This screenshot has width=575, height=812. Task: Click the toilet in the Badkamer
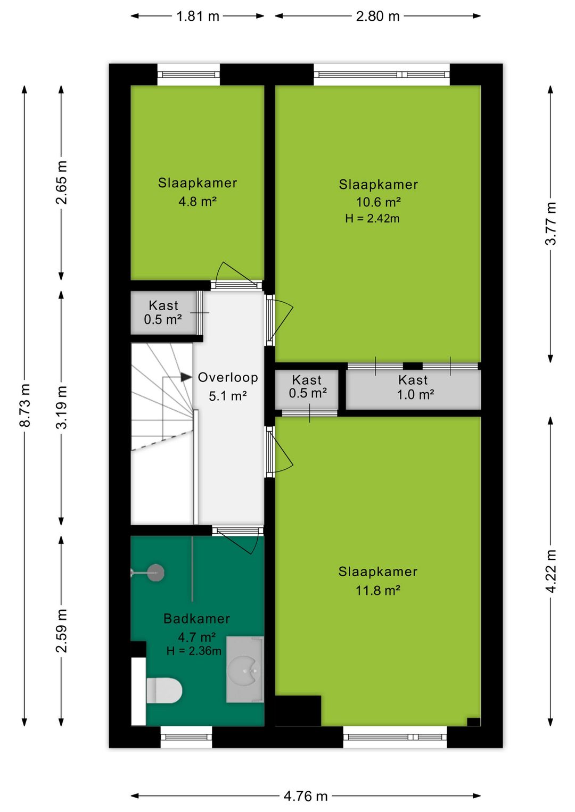tap(164, 691)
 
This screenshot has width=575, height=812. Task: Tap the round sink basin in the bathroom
tap(248, 671)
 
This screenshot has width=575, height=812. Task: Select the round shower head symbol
tap(156, 573)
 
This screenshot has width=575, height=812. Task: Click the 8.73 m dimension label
tap(24, 405)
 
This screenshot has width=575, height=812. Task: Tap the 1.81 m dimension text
tap(198, 16)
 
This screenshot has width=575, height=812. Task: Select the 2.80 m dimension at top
tap(377, 16)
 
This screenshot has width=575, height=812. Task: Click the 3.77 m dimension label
tap(551, 223)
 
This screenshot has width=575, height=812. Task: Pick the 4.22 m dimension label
tap(551, 571)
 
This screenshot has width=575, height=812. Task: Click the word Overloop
tap(228, 377)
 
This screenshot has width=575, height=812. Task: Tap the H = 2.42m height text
tap(373, 218)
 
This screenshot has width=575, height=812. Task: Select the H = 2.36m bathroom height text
tap(194, 651)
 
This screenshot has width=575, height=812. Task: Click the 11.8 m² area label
tap(377, 591)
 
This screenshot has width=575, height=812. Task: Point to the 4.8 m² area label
tap(198, 201)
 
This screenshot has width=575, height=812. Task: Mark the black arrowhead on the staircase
tap(186, 377)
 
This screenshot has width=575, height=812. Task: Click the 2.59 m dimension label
tap(62, 631)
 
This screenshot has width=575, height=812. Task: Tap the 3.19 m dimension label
tap(62, 407)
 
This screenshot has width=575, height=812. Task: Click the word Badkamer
tap(196, 618)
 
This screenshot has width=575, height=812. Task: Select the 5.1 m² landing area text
tap(228, 396)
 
